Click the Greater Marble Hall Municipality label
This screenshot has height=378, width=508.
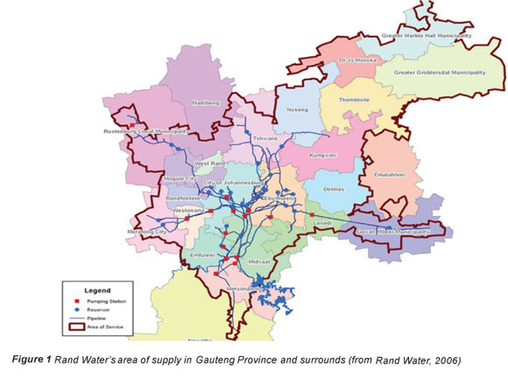427,36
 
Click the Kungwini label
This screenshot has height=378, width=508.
324,155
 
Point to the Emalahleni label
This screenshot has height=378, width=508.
390,174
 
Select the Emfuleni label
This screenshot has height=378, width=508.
202,254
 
